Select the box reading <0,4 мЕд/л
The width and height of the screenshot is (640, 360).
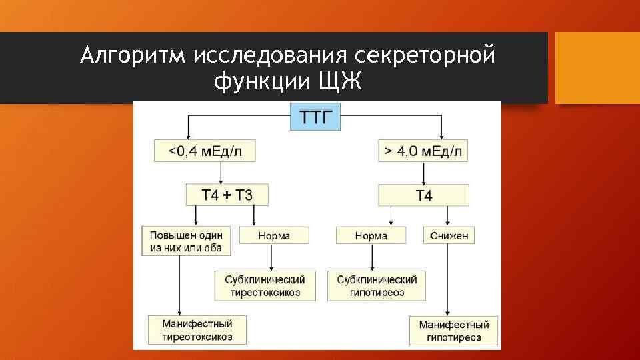click(205, 151)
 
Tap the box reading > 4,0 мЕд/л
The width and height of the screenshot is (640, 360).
click(423, 151)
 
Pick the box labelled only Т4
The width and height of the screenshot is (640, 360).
click(423, 195)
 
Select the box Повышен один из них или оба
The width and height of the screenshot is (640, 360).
click(186, 241)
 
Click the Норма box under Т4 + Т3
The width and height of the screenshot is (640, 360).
click(274, 235)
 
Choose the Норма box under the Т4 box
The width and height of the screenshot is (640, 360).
click(371, 235)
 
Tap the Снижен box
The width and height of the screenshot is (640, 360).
click(449, 235)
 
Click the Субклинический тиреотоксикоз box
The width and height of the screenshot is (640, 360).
click(265, 285)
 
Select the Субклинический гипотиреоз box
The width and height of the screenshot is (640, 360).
click(377, 285)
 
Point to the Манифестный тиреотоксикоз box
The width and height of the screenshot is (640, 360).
click(197, 329)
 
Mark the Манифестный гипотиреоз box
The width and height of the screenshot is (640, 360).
click(454, 331)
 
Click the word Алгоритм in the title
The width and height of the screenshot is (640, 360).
click(133, 55)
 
